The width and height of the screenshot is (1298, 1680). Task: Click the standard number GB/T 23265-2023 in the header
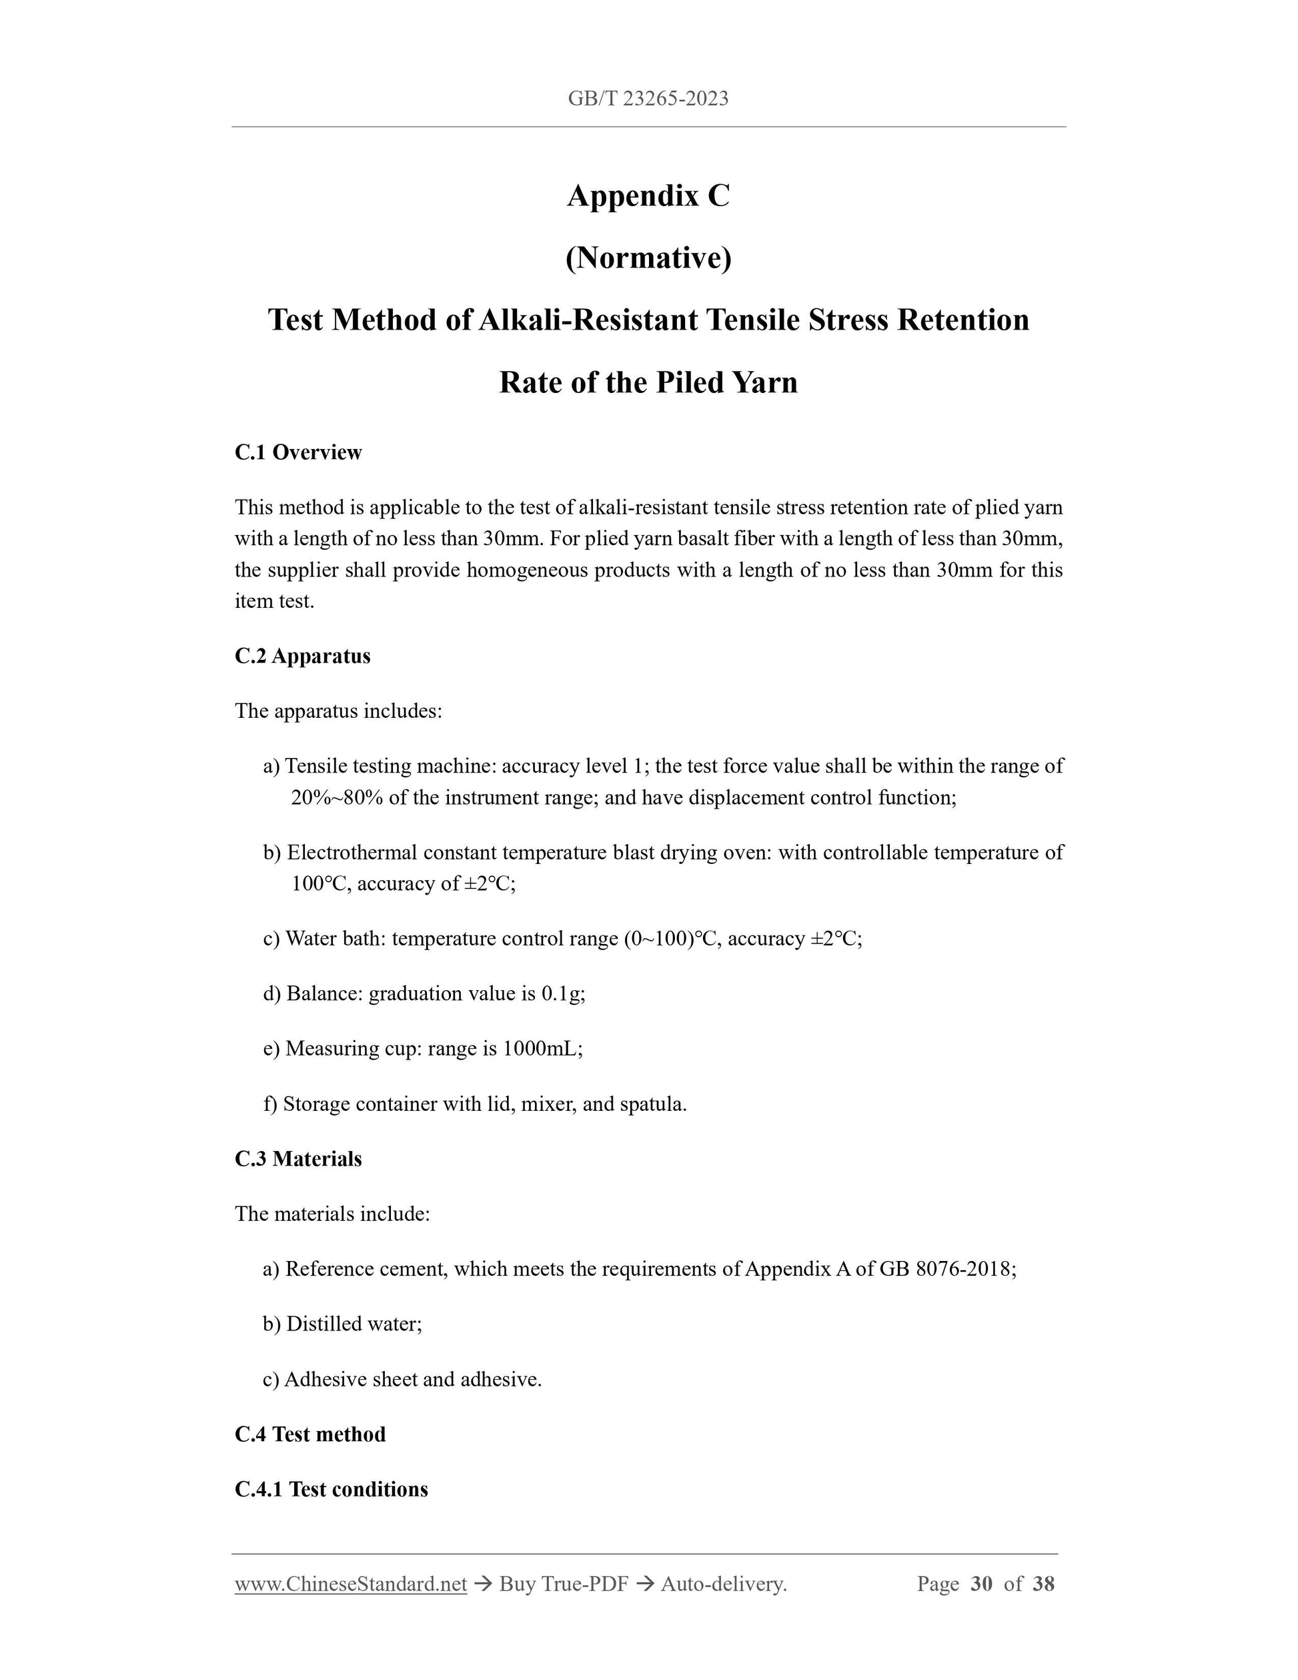pos(648,99)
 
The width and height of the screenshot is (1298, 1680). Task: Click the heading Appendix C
pos(648,196)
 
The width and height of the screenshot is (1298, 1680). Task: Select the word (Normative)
pos(648,258)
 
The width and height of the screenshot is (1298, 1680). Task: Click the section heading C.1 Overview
pos(298,452)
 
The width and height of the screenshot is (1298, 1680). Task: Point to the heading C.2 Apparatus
pos(302,656)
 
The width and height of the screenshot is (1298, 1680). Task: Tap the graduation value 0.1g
pos(562,994)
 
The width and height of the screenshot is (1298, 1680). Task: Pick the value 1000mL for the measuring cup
pos(542,1048)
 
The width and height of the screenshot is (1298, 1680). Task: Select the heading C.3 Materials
pos(298,1158)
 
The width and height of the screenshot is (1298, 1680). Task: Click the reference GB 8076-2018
pos(946,1268)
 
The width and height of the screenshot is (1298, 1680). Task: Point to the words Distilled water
pos(354,1324)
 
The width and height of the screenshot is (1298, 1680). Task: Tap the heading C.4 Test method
pos(310,1434)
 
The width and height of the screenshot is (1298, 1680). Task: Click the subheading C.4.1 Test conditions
pos(332,1489)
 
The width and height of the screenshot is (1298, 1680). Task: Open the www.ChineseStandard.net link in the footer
pos(351,1584)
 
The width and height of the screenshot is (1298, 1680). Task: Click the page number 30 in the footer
pos(981,1584)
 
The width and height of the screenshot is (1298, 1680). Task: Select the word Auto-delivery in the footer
pos(722,1584)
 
